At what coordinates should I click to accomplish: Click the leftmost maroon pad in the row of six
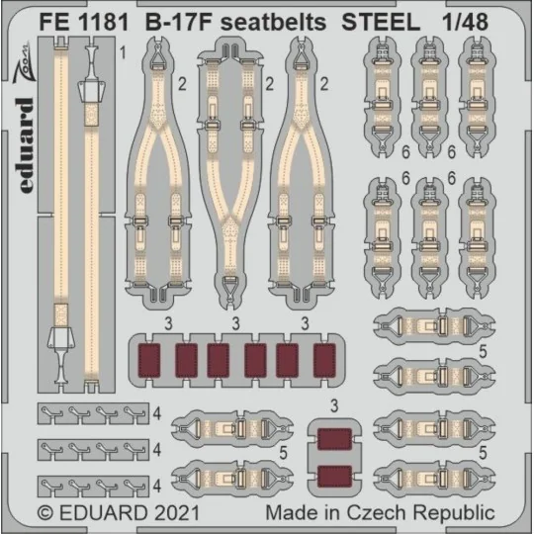(151, 360)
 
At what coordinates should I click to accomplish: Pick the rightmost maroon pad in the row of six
(322, 360)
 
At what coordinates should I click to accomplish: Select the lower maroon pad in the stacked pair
(335, 480)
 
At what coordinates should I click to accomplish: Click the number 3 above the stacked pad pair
(335, 403)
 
